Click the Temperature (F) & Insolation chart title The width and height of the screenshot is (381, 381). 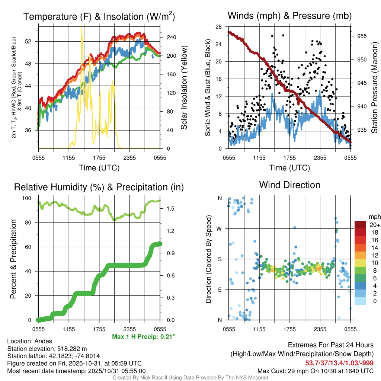click(99, 16)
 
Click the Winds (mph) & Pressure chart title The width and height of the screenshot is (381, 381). click(289, 16)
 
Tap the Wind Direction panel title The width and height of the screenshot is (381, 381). click(289, 185)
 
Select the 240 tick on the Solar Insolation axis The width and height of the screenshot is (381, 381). click(171, 38)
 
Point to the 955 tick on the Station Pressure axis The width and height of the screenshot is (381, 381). click(362, 36)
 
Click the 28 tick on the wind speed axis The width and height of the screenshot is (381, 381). click(219, 26)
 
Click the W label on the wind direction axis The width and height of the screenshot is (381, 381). click(220, 228)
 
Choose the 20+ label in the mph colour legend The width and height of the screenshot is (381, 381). click(374, 225)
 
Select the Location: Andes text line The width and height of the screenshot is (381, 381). click(30, 341)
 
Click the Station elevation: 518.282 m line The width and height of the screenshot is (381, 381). click(47, 349)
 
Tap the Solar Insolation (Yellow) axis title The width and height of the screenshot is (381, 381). click(184, 88)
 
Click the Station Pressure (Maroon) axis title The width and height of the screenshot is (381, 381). click(375, 87)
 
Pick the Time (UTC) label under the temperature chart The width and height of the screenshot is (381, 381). click(99, 168)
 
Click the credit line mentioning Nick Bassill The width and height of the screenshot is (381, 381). click(190, 378)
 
